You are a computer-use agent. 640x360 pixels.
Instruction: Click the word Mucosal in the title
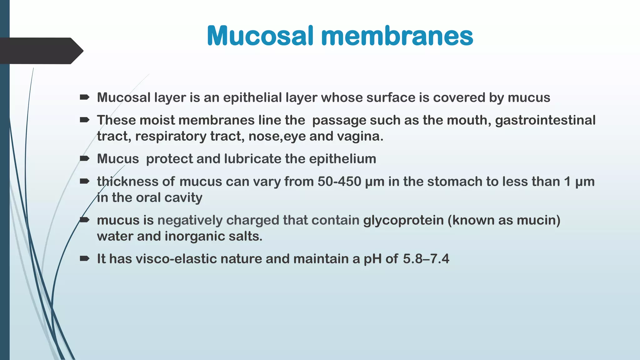click(x=260, y=36)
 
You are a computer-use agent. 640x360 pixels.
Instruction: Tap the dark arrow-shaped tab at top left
click(x=41, y=51)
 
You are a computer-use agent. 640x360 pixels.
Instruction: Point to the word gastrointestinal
click(x=545, y=120)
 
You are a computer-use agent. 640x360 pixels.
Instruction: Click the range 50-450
click(x=339, y=182)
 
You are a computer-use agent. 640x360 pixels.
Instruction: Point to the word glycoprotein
click(x=403, y=220)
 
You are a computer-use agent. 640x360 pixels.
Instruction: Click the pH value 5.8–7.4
click(x=426, y=259)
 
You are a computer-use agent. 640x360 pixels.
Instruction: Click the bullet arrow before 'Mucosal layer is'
click(x=84, y=97)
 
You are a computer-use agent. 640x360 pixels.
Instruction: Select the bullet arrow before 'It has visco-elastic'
click(x=84, y=258)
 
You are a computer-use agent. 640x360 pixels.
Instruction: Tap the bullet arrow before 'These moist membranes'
click(x=84, y=120)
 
